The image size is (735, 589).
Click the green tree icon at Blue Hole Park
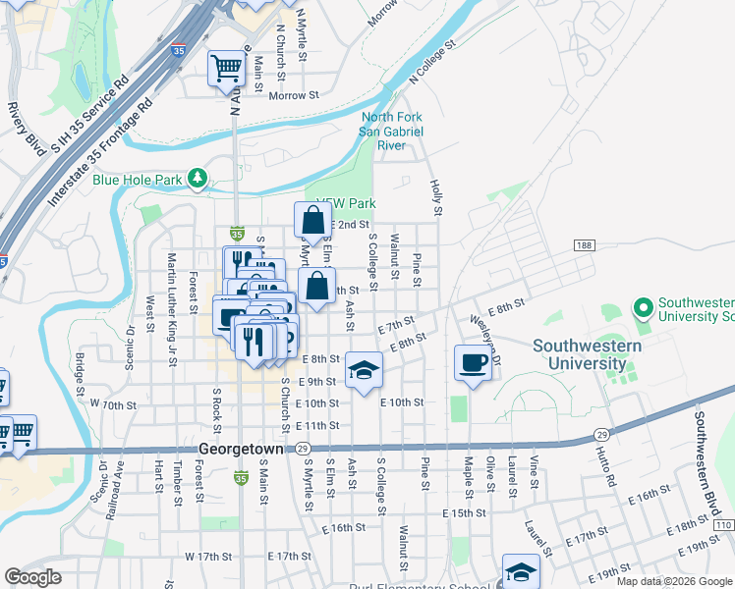click(x=198, y=178)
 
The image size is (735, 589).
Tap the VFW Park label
click(x=347, y=204)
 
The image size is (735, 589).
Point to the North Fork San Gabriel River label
click(x=391, y=132)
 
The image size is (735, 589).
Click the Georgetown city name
click(x=241, y=448)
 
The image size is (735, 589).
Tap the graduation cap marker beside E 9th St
click(x=364, y=370)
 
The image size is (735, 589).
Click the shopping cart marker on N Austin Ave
click(x=226, y=68)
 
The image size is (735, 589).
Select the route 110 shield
click(x=722, y=526)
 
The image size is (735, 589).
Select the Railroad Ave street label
click(x=120, y=477)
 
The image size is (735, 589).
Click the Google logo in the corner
click(x=32, y=577)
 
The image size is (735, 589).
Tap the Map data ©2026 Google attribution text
click(x=673, y=581)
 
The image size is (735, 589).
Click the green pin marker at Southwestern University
click(x=645, y=309)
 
